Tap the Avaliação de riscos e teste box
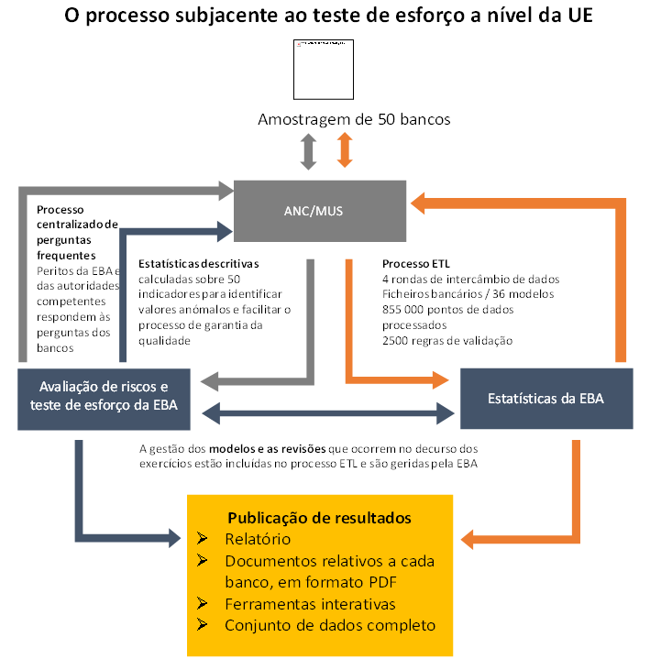(x=104, y=398)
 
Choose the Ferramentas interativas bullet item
(x=310, y=604)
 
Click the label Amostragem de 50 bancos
(x=354, y=119)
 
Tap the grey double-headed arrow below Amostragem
(x=308, y=150)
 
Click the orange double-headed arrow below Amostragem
(x=345, y=149)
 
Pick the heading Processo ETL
(x=417, y=263)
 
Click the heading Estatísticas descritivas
(x=199, y=263)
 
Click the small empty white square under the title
(x=322, y=71)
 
